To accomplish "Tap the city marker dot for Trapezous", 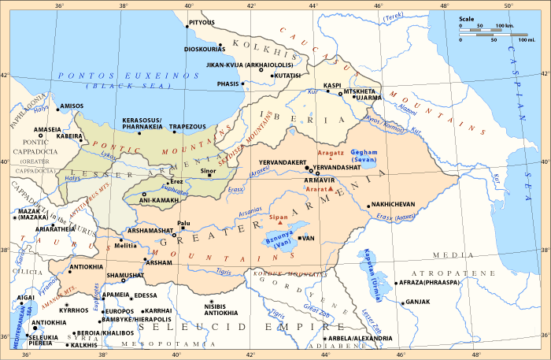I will pyautogui.click(x=175, y=132).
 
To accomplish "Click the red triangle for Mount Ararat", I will pyautogui.click(x=319, y=190).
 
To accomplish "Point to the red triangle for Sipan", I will pyautogui.click(x=281, y=223).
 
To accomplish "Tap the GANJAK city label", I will pyautogui.click(x=418, y=302).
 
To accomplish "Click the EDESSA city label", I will pyautogui.click(x=146, y=295).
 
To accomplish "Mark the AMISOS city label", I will pyautogui.click(x=72, y=106).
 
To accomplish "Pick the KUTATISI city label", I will pyautogui.click(x=288, y=76).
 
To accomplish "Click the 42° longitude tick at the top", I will pyautogui.click(x=251, y=6).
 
